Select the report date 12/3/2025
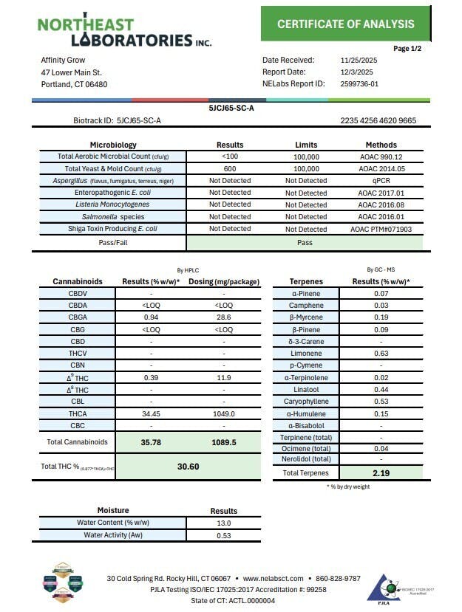[357, 72]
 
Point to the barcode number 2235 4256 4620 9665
[378, 120]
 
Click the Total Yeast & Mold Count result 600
[229, 168]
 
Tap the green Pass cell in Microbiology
[305, 242]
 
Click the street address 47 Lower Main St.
[72, 72]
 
